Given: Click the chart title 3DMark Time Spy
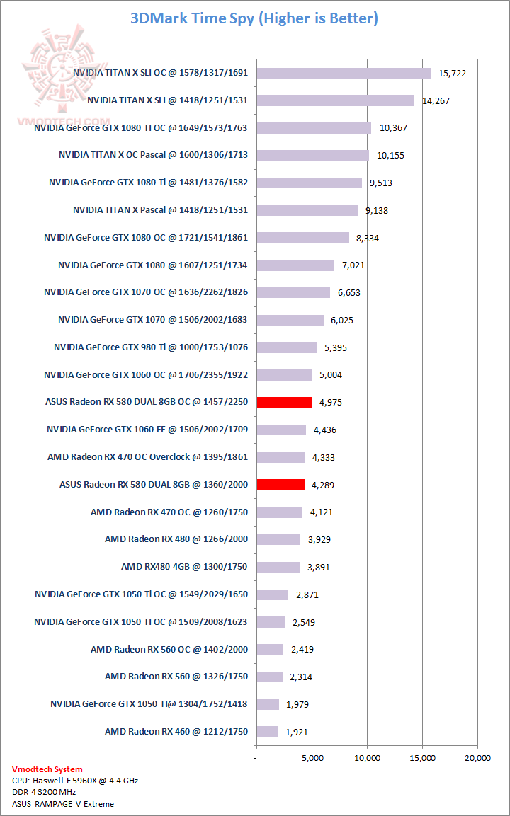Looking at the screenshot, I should (x=254, y=18).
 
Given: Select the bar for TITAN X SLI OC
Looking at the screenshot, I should (x=344, y=73).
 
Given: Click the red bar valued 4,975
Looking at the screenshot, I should (x=284, y=402).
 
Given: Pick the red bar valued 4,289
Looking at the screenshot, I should (x=280, y=485).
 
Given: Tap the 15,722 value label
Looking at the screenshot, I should (x=453, y=74).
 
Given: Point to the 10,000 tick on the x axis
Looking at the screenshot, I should (x=367, y=758).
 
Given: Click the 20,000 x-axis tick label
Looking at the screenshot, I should (x=477, y=758).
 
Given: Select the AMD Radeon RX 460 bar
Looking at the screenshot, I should (x=267, y=732).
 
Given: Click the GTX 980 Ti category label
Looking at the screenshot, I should (x=150, y=347).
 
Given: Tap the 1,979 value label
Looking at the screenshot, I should (x=296, y=704).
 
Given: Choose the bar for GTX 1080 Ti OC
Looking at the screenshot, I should (x=314, y=128).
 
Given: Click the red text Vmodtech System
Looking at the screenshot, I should (x=47, y=769).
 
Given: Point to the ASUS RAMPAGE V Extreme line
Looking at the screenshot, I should (x=63, y=804).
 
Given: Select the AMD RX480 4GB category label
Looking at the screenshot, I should (x=184, y=567).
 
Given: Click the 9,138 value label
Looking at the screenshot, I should (x=376, y=210).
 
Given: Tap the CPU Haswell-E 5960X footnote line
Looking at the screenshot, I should (x=75, y=781).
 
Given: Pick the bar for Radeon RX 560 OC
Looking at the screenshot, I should (x=270, y=649).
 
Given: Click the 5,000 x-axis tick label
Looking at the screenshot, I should (x=312, y=758).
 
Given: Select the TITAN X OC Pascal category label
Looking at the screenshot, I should (x=153, y=155).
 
